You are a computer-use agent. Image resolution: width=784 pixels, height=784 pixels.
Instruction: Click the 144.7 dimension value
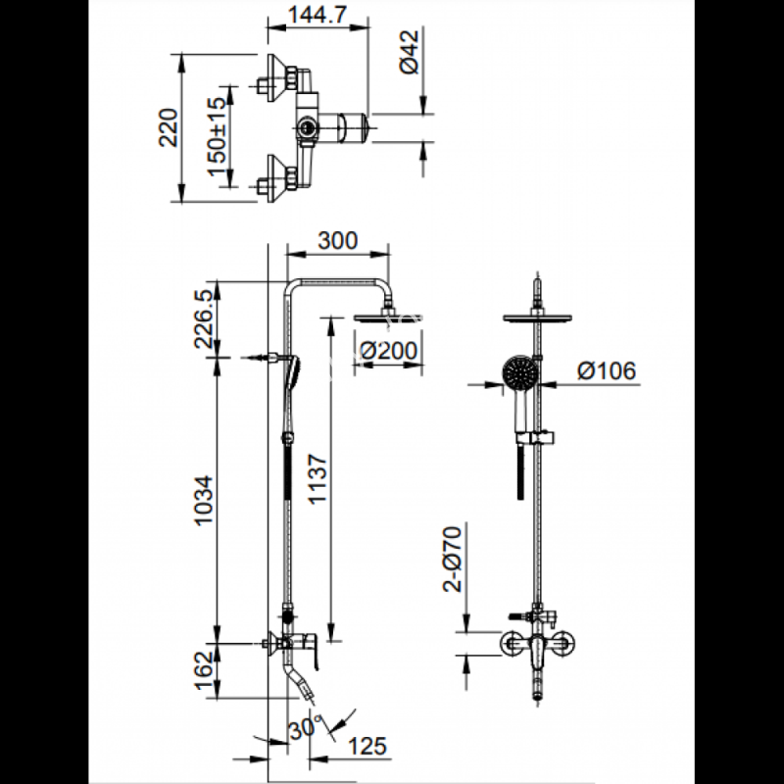318,16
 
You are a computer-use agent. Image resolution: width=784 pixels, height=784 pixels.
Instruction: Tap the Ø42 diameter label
410,52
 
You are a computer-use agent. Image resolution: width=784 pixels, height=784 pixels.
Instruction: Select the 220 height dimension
169,127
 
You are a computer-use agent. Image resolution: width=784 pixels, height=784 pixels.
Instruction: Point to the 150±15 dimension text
218,136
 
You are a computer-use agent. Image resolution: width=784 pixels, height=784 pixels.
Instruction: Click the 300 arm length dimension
338,240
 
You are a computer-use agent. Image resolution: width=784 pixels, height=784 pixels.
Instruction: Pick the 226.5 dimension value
205,320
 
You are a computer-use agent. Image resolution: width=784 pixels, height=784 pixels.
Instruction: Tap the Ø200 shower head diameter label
388,351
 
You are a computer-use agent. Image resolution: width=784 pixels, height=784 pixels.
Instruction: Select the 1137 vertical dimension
318,479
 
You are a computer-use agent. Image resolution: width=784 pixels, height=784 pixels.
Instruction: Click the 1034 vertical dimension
205,501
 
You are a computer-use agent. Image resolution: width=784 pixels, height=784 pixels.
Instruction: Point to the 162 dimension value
205,670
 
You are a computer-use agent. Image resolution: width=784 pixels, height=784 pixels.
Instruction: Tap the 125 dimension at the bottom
367,746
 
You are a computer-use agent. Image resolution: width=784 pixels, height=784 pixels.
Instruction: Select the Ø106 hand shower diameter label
607,370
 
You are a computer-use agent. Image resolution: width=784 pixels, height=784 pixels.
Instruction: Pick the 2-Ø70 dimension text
453,559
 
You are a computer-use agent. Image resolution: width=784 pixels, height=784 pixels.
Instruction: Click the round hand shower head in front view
520,372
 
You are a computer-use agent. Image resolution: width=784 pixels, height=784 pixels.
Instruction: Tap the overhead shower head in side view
388,317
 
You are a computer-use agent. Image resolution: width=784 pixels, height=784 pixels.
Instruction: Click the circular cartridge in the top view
306,127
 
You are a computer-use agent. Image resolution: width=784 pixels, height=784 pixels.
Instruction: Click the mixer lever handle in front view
537,652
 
